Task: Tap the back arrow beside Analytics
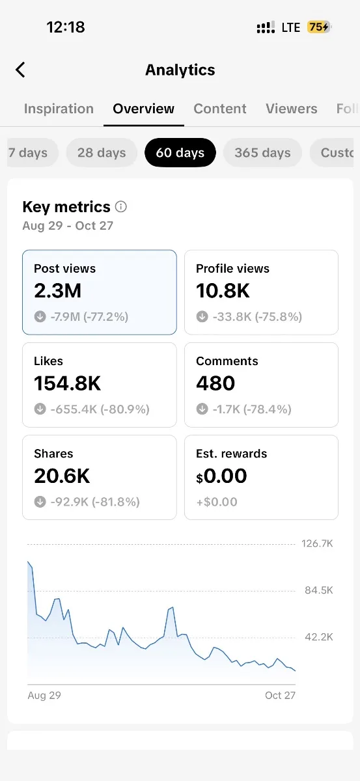pos(20,70)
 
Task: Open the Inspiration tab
pos(59,109)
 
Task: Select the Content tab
pos(220,109)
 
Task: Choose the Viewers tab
pos(292,109)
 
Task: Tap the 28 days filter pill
pos(102,153)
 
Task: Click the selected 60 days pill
pos(180,153)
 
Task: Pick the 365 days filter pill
pos(262,153)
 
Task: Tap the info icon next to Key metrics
pos(120,207)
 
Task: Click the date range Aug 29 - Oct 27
pos(68,226)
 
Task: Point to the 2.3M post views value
pos(57,290)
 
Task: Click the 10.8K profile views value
pos(223,290)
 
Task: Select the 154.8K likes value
pos(67,383)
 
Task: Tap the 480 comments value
pos(215,383)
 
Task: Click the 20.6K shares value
pos(62,476)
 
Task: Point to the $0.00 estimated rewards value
pos(221,476)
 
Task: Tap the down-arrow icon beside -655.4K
pos(40,409)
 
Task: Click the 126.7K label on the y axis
pos(317,543)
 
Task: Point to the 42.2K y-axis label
pos(319,637)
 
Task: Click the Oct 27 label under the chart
pos(280,695)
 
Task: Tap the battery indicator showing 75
pos(319,27)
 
